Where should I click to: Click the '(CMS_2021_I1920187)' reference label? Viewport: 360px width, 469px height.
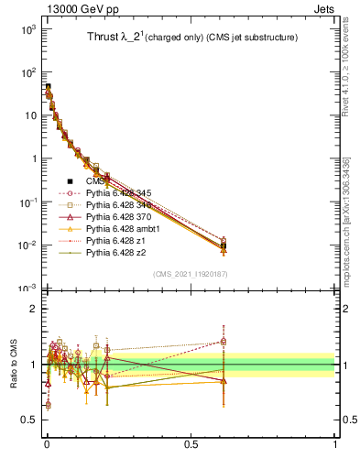190,274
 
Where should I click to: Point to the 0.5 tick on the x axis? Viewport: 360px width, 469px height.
191,444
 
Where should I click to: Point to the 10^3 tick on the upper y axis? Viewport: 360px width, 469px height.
29,29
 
